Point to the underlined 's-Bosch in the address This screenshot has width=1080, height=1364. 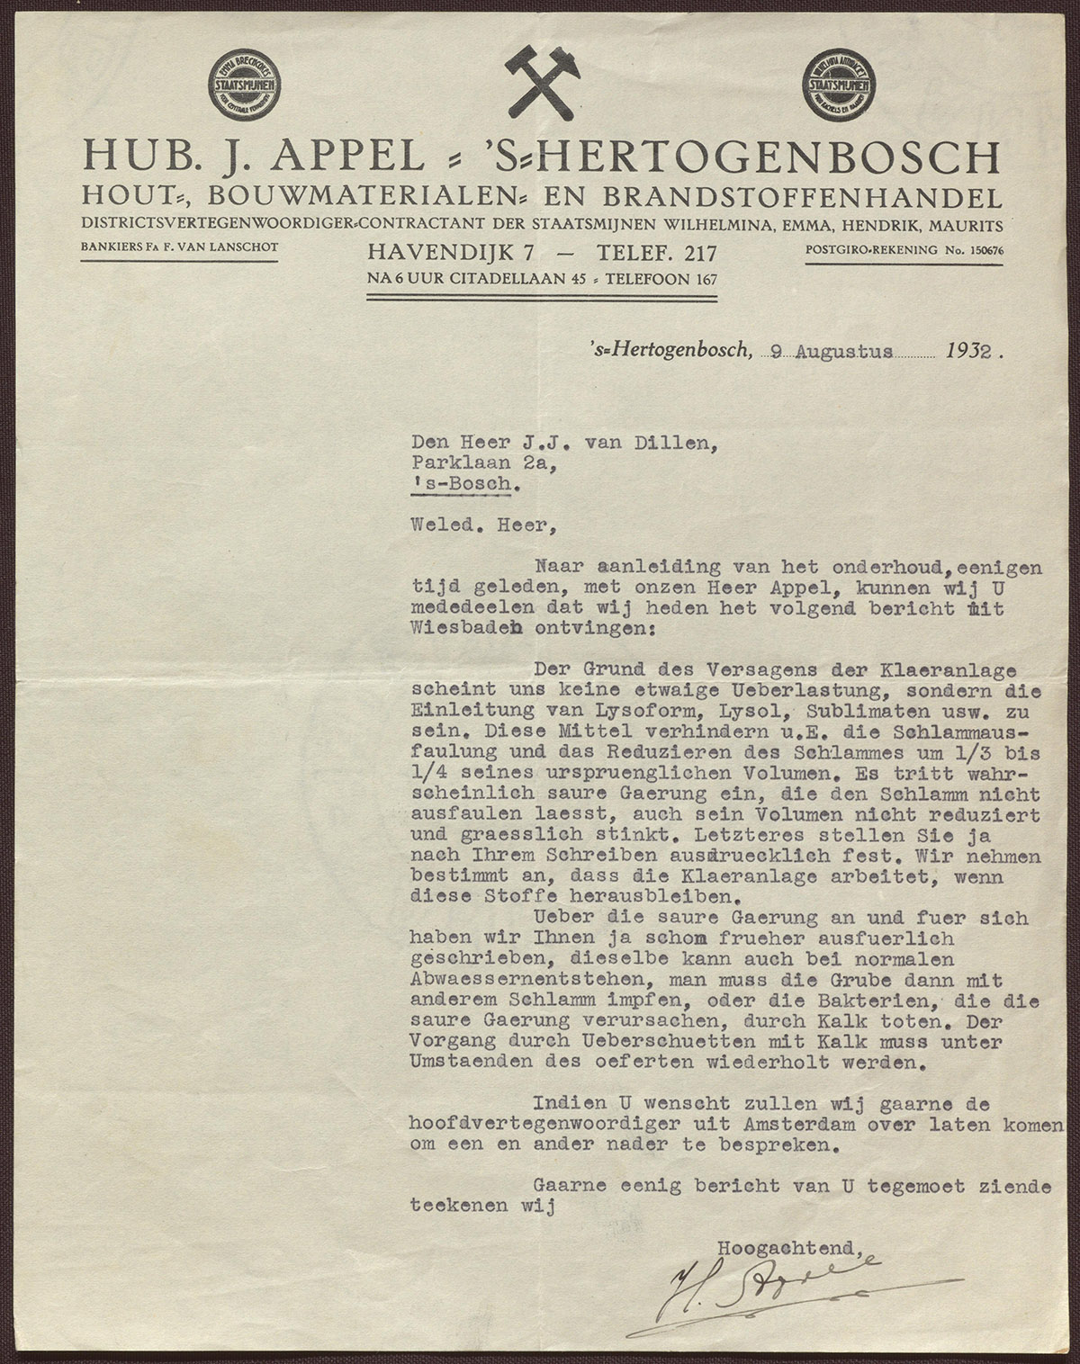tap(465, 485)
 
